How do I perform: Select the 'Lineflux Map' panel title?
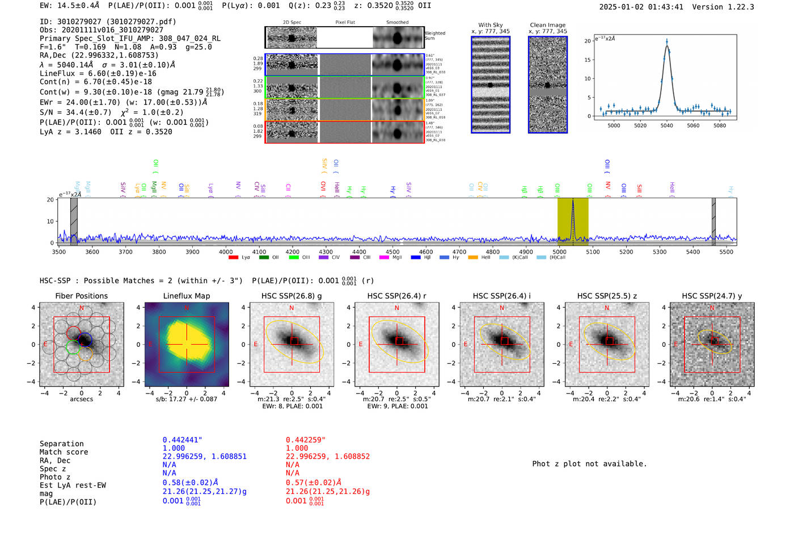point(186,296)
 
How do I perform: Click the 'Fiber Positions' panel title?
point(81,296)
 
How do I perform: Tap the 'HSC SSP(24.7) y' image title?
point(712,296)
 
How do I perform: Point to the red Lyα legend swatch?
point(233,258)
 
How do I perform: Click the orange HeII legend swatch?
point(473,258)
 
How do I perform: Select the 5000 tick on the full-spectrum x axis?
point(559,252)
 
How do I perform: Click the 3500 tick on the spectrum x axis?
point(58,252)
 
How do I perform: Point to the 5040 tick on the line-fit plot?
point(666,125)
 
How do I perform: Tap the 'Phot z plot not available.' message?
point(589,464)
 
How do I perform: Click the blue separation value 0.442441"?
point(182,440)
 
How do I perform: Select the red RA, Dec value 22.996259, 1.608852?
point(327,456)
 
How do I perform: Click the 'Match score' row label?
point(64,452)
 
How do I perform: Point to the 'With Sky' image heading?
point(490,25)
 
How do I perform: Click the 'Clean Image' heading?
point(547,25)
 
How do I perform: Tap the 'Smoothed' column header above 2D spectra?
point(397,23)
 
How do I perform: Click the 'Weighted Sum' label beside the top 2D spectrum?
point(434,36)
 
